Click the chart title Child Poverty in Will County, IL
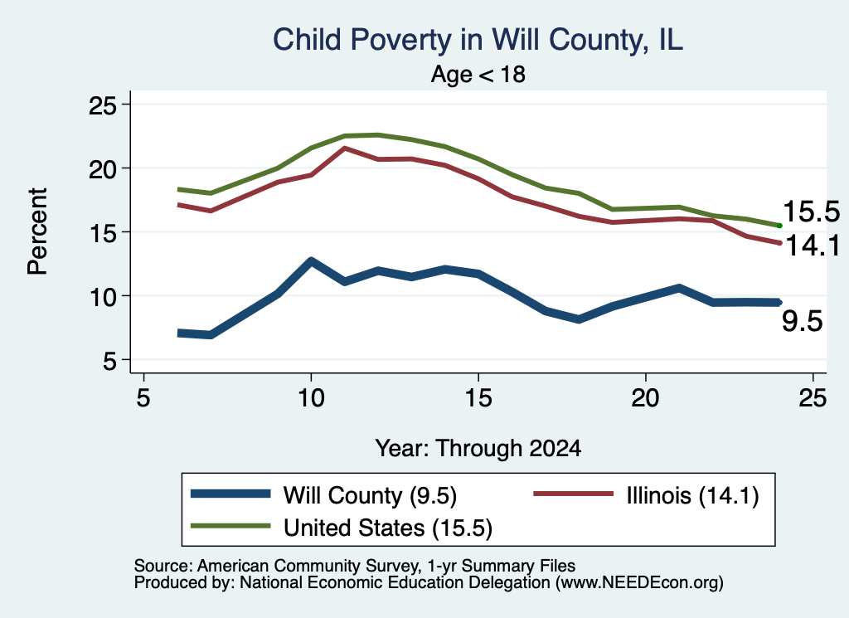[x=478, y=41]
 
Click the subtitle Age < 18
[x=478, y=74]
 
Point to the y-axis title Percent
[x=37, y=231]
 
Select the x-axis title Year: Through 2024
[x=478, y=449]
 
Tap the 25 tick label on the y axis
[x=103, y=105]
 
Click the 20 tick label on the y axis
[x=103, y=169]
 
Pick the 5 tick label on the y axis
[x=110, y=361]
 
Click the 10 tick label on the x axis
[x=311, y=399]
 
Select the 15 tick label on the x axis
[x=478, y=399]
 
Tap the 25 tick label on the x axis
[x=813, y=399]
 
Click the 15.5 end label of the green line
[x=811, y=212]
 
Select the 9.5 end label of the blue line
[x=802, y=321]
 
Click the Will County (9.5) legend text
[x=370, y=495]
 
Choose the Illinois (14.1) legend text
[x=692, y=495]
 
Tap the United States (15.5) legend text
[x=388, y=528]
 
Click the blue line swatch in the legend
[x=230, y=494]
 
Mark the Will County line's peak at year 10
[x=311, y=261]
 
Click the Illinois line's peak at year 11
[x=344, y=148]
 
